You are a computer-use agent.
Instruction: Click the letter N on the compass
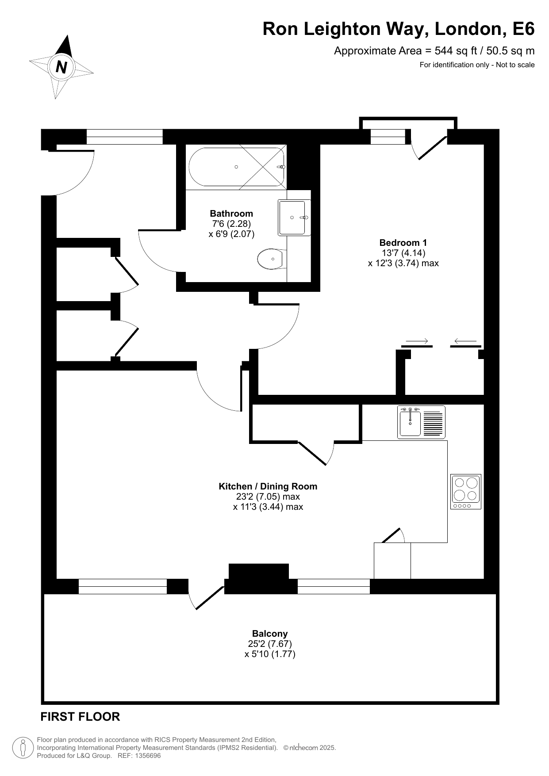pyautogui.click(x=61, y=67)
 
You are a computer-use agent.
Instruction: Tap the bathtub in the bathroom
pyautogui.click(x=237, y=167)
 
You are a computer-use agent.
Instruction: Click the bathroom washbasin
pyautogui.click(x=294, y=218)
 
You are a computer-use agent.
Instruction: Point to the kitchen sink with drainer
pyautogui.click(x=421, y=422)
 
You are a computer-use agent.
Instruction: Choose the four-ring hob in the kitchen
pyautogui.click(x=466, y=491)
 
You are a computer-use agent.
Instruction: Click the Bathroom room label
pyautogui.click(x=231, y=214)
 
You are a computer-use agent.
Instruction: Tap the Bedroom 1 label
pyautogui.click(x=403, y=242)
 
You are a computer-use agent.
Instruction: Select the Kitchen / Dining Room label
pyautogui.click(x=268, y=486)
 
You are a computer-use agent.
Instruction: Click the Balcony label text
pyautogui.click(x=270, y=634)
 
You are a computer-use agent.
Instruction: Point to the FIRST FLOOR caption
pyautogui.click(x=80, y=717)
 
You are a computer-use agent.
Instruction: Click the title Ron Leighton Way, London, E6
pyautogui.click(x=399, y=29)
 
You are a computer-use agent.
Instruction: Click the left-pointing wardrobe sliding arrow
pyautogui.click(x=465, y=341)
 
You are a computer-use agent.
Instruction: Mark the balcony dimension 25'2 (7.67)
pyautogui.click(x=270, y=644)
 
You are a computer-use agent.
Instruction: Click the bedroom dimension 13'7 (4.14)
pyautogui.click(x=403, y=253)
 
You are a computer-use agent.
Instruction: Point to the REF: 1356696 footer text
pyautogui.click(x=139, y=756)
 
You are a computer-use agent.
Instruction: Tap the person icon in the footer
pyautogui.click(x=23, y=748)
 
